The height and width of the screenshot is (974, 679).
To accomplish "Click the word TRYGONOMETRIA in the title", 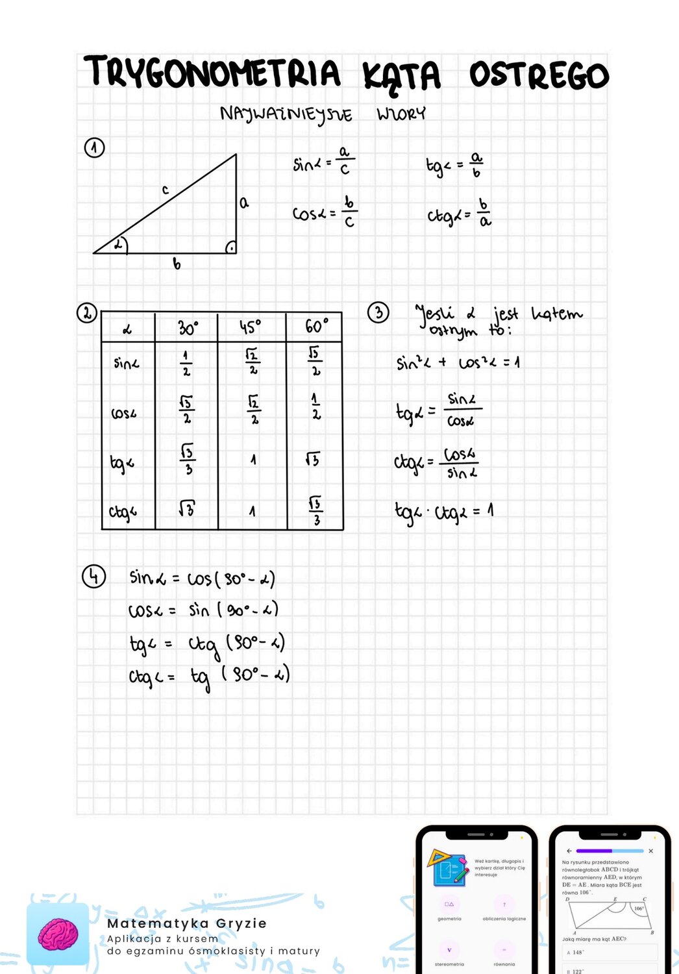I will [212, 73].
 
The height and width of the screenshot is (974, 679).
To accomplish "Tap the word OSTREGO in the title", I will [538, 75].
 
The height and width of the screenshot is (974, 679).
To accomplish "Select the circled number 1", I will [95, 148].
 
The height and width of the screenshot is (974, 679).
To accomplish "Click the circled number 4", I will [94, 576].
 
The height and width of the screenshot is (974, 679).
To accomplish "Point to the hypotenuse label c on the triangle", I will [166, 190].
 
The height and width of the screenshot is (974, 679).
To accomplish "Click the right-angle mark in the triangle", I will [230, 247].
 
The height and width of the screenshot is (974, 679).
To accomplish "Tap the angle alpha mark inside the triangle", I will [119, 245].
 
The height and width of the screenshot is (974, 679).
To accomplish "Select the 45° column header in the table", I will [251, 326].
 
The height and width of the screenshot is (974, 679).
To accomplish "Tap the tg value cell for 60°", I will [313, 460].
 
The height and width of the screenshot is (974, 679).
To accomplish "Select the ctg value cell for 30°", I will [186, 509].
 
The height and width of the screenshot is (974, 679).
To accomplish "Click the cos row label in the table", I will [124, 413].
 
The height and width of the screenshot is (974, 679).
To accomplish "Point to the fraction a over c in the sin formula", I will [345, 160].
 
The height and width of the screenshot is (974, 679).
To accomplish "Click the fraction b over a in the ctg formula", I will [484, 212].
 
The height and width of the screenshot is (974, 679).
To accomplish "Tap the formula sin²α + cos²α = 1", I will [458, 362].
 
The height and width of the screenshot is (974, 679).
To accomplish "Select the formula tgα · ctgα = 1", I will [444, 512].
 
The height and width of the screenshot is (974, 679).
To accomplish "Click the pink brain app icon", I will [58, 934].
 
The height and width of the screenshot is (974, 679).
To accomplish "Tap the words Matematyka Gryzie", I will [187, 923].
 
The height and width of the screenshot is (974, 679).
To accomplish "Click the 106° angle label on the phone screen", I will [639, 908].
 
